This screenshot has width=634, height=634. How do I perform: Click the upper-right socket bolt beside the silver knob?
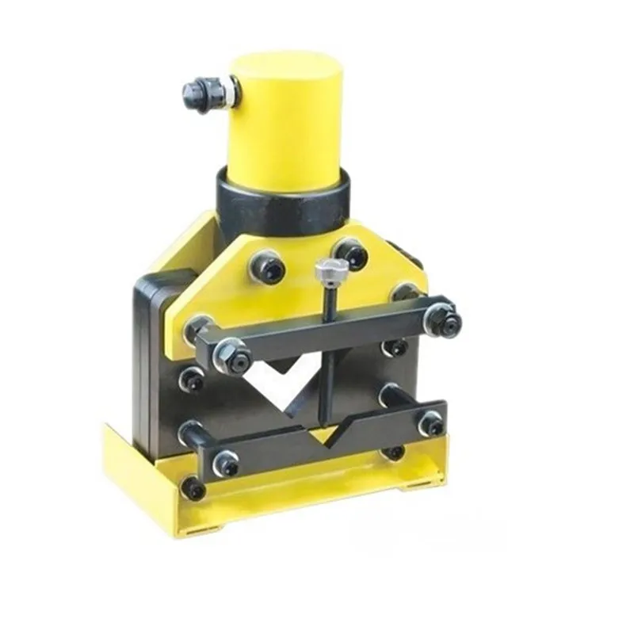click(x=351, y=254)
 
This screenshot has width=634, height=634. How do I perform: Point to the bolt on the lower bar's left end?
click(x=226, y=463)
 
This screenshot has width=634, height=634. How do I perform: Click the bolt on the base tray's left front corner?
click(x=193, y=487)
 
